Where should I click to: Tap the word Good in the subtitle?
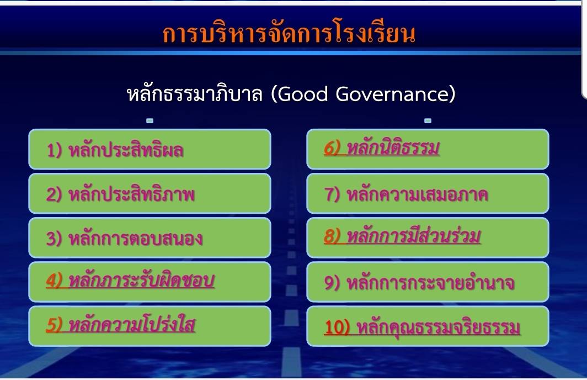303,94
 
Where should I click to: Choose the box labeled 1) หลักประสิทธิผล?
150,149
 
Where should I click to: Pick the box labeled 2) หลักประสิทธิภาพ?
150,193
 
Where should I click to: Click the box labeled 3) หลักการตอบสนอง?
150,237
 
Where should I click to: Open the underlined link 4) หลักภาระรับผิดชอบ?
130,281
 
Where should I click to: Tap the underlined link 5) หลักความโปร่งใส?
120,325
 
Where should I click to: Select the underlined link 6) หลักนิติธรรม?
382,147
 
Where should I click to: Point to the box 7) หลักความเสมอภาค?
428,193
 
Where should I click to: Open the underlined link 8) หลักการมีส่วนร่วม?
402,236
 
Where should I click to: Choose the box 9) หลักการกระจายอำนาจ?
428,282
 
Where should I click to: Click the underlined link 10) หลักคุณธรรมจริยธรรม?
422,327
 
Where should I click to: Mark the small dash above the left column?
150,120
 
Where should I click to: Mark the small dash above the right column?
428,120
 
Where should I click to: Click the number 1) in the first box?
54,150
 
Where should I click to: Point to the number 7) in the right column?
332,194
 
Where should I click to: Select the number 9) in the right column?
332,283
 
